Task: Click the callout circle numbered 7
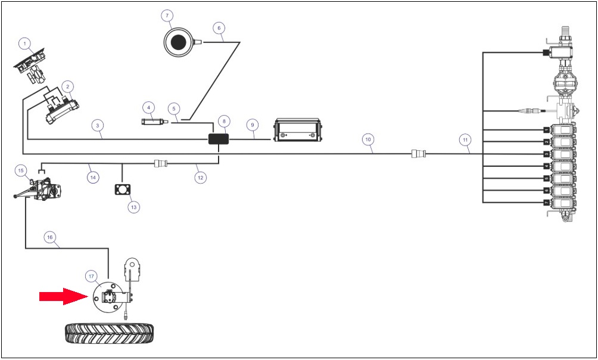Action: tap(167, 15)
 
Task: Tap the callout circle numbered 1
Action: tap(25, 44)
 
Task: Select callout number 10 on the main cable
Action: tap(368, 139)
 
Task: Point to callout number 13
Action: tap(133, 207)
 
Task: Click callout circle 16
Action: tap(49, 237)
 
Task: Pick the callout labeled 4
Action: tap(149, 108)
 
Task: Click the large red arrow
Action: tap(64, 296)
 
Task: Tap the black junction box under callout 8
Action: tap(219, 139)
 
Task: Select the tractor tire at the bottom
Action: tap(110, 334)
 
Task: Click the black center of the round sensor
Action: tap(177, 42)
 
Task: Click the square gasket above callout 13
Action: tap(122, 190)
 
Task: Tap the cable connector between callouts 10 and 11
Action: tap(419, 154)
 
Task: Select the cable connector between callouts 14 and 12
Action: tap(161, 164)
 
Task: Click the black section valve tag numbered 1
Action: tap(547, 130)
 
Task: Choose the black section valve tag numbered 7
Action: tap(547, 202)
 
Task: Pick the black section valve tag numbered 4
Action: tap(547, 166)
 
